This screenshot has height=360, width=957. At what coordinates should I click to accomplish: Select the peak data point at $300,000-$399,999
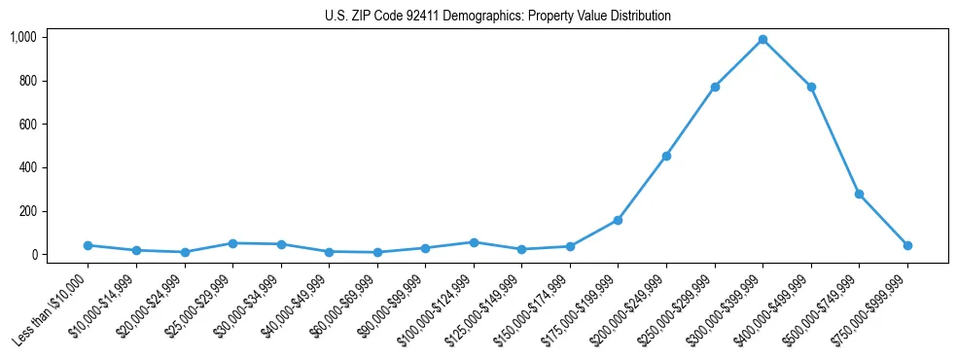pyautogui.click(x=762, y=40)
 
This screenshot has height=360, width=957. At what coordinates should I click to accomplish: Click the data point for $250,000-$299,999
pyautogui.click(x=715, y=87)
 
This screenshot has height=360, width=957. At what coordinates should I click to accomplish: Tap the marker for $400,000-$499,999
pyautogui.click(x=811, y=87)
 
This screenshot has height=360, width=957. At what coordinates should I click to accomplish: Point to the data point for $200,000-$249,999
pyautogui.click(x=666, y=156)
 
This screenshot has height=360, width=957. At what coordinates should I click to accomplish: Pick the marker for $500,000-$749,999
pyautogui.click(x=859, y=194)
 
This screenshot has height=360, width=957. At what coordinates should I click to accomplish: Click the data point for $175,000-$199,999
pyautogui.click(x=618, y=220)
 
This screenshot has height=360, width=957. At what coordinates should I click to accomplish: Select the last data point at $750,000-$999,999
pyautogui.click(x=907, y=245)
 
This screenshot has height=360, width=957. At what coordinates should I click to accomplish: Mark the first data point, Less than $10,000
pyautogui.click(x=88, y=245)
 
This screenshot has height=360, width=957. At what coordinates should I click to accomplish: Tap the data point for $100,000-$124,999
pyautogui.click(x=474, y=242)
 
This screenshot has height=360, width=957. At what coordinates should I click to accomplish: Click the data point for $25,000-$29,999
pyautogui.click(x=232, y=243)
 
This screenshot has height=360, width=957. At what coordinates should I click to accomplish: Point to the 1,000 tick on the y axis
pyautogui.click(x=22, y=37)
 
